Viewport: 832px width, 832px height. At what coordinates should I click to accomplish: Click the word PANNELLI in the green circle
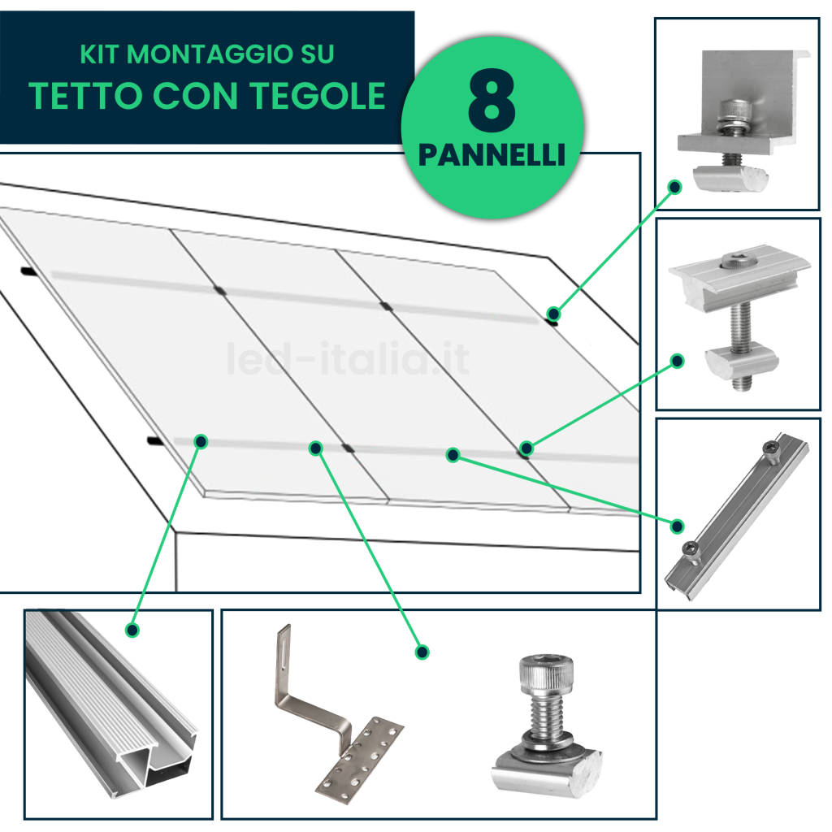[x=492, y=155]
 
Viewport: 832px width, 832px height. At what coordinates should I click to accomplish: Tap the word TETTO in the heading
[x=85, y=96]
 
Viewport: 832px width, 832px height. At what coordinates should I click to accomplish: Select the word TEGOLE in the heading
[x=318, y=96]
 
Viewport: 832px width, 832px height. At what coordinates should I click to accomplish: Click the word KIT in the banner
[x=99, y=54]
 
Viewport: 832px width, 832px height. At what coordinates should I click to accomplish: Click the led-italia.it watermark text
[x=348, y=358]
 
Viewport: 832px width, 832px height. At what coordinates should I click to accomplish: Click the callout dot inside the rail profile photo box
[x=132, y=630]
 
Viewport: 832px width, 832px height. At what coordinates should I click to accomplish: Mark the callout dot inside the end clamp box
[x=675, y=187]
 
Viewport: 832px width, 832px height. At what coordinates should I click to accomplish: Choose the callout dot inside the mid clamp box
[x=677, y=362]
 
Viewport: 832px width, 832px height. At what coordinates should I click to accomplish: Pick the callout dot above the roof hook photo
[x=422, y=652]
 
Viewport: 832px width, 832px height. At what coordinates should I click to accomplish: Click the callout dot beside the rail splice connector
[x=677, y=526]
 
